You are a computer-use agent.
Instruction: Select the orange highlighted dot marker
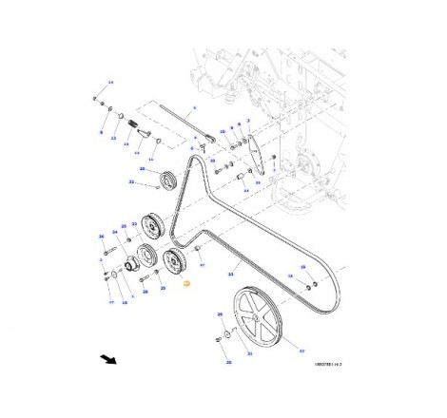[x=186, y=283]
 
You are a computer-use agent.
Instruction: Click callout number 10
[x=110, y=84]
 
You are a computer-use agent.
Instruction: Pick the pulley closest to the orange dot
[x=176, y=263]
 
